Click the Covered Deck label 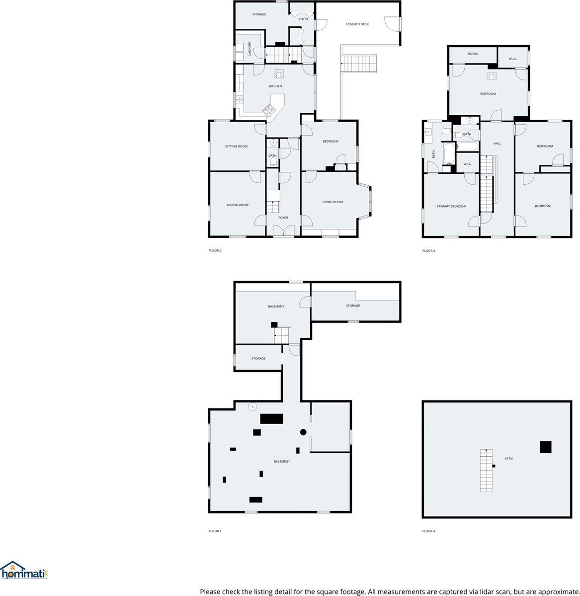tap(357, 24)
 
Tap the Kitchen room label tap(275, 86)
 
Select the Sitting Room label tap(236, 147)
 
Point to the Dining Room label tap(238, 205)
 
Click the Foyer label tap(283, 218)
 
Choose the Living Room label tap(332, 202)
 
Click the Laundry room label tap(249, 48)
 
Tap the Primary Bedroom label tap(451, 207)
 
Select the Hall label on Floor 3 tap(497, 144)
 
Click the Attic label tap(508, 458)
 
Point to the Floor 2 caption tap(215, 250)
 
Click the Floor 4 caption tap(428, 531)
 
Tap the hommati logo tap(24, 571)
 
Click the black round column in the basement tap(303, 432)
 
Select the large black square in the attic tap(546, 447)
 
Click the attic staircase tap(486, 470)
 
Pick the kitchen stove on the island tap(270, 111)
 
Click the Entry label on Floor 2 tap(304, 19)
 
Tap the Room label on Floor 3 tap(473, 54)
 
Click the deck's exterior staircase tap(359, 64)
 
